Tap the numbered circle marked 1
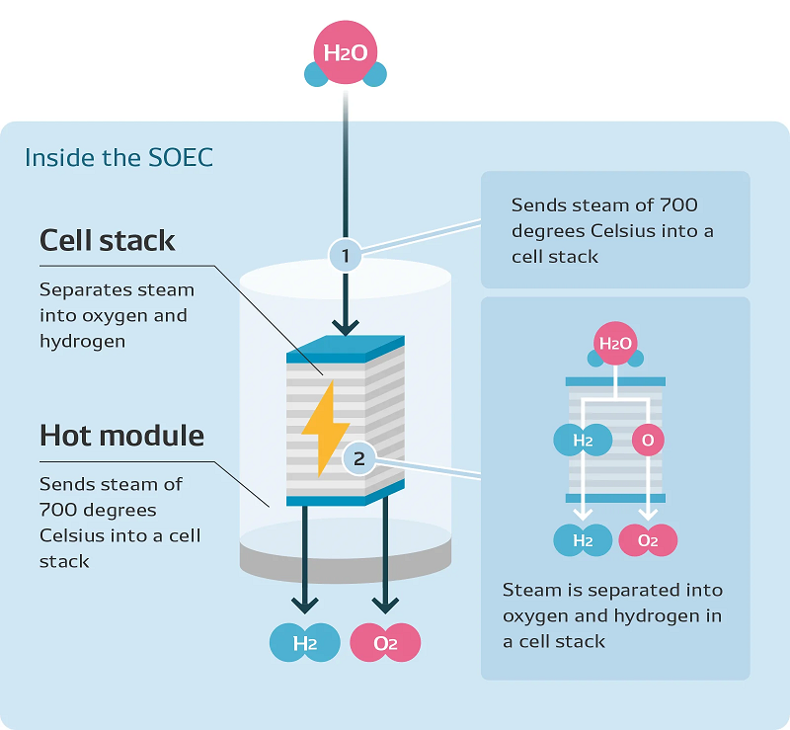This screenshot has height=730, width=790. pos(346,257)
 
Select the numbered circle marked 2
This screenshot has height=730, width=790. pos(359,457)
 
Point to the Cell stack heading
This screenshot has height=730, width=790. pos(108,240)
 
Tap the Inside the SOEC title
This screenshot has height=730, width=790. pos(118,158)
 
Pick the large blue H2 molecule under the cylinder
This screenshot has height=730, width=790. pos(304,643)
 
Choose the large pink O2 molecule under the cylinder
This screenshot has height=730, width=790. pos(385,643)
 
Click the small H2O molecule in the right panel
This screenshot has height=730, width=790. pos(614,346)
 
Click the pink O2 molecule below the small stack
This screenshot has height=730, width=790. pos(647,539)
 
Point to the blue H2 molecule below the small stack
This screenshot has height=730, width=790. pos(582,539)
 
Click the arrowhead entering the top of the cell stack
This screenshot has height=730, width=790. pos(346,326)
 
